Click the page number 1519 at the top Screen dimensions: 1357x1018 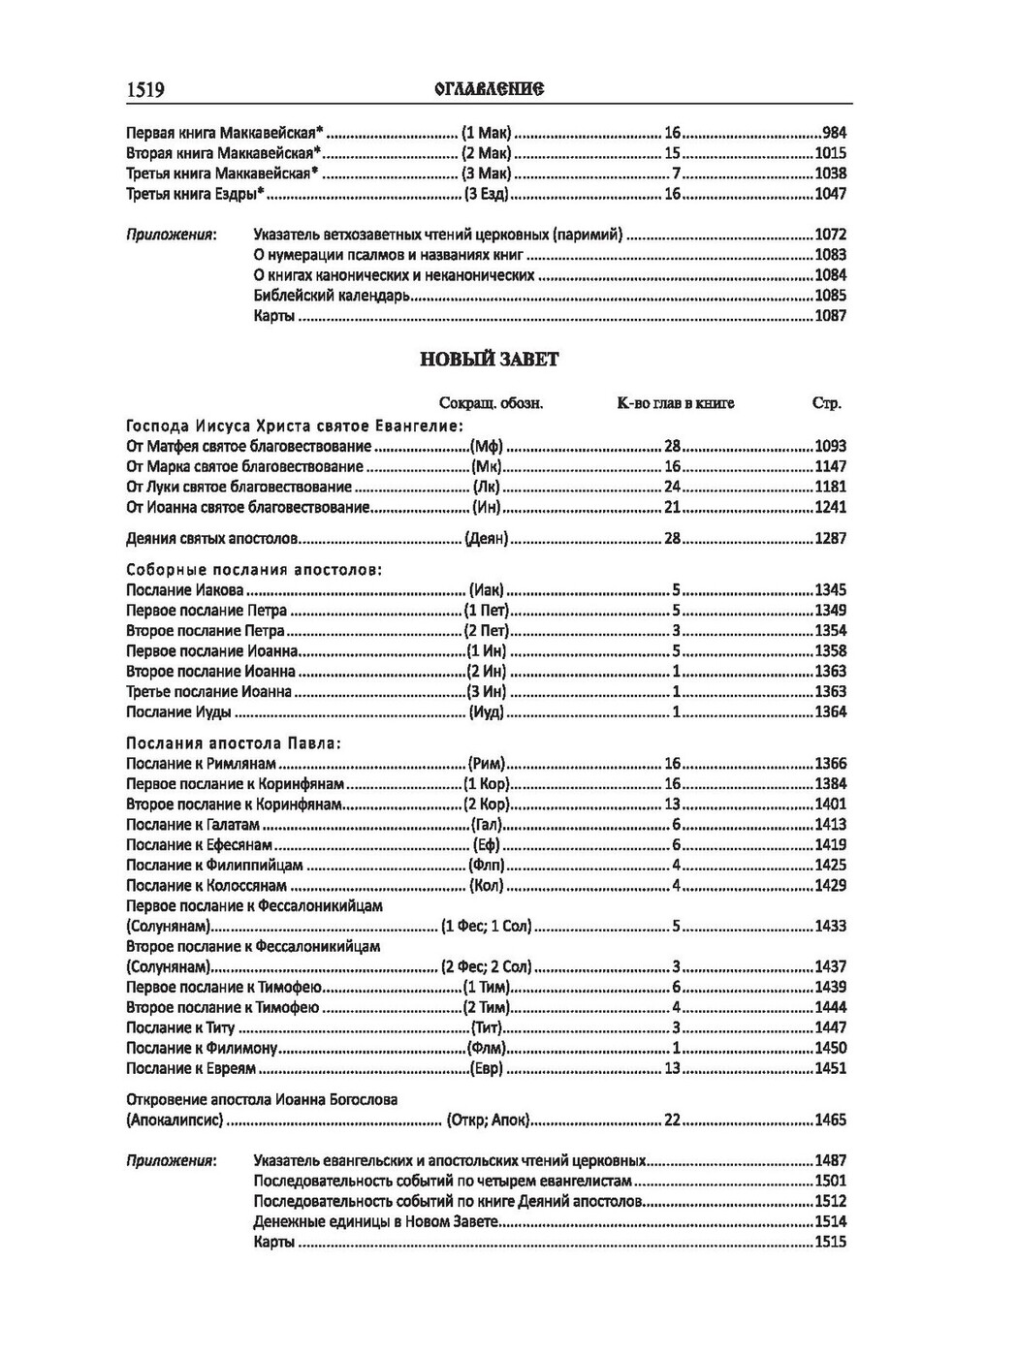[145, 90]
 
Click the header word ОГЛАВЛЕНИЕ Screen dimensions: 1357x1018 [490, 89]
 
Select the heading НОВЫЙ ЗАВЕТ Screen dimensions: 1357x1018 [490, 360]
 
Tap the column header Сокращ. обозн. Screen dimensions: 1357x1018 [492, 403]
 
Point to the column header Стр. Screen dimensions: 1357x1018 [826, 403]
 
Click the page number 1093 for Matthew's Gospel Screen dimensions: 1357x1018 [830, 447]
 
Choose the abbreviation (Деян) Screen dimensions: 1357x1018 [487, 538]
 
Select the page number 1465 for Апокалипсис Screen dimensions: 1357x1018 [830, 1120]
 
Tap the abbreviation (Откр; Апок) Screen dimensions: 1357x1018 [489, 1120]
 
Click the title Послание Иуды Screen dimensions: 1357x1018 [178, 712]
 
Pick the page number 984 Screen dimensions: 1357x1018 [834, 133]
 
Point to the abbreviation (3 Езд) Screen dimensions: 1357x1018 [488, 194]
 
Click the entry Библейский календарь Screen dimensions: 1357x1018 [332, 296]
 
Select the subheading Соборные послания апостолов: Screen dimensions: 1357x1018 [254, 570]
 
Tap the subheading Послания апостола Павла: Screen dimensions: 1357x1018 [234, 743]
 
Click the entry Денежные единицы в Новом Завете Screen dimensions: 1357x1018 [375, 1222]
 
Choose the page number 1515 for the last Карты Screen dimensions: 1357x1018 [830, 1243]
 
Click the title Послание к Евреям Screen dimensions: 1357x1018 [191, 1069]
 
